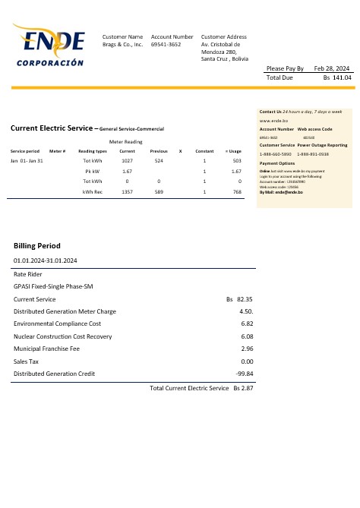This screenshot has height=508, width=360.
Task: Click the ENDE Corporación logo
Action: click(x=49, y=45)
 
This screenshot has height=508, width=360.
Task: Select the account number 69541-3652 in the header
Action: click(x=166, y=45)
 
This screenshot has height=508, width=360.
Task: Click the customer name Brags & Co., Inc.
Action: click(x=122, y=45)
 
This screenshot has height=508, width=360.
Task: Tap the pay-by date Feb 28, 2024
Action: click(x=333, y=68)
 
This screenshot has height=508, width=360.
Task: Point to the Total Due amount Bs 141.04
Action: click(x=337, y=77)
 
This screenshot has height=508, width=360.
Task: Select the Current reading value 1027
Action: click(x=127, y=161)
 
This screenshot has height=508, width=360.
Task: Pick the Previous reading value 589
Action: click(x=159, y=192)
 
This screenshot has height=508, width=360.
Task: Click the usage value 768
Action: click(x=236, y=192)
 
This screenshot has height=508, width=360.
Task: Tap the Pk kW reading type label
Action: click(x=93, y=172)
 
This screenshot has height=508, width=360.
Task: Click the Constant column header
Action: click(x=204, y=151)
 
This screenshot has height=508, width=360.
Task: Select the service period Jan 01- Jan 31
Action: click(x=27, y=161)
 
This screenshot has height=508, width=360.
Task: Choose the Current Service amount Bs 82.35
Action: click(x=239, y=300)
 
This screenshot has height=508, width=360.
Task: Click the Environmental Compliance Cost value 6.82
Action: click(x=246, y=323)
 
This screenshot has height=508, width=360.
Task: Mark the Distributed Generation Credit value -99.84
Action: click(x=245, y=374)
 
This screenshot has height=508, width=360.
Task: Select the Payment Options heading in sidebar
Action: click(x=277, y=163)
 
